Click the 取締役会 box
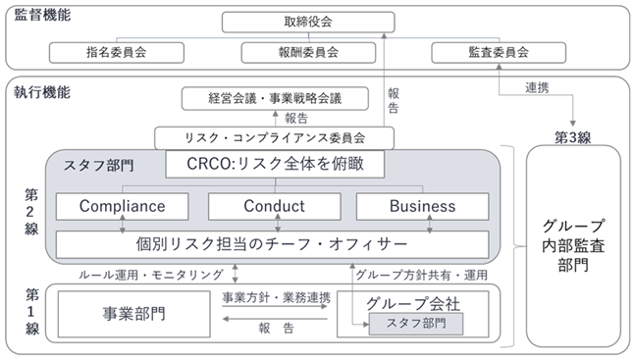pyautogui.click(x=308, y=22)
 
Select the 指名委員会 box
pyautogui.click(x=117, y=53)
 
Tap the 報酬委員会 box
pyautogui.click(x=308, y=53)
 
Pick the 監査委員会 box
pyautogui.click(x=499, y=53)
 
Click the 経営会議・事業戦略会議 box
pyautogui.click(x=275, y=98)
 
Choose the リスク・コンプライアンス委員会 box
pyautogui.click(x=274, y=138)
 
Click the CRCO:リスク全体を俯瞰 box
pyautogui.click(x=275, y=164)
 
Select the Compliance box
pyautogui.click(x=122, y=206)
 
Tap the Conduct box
pyautogui.click(x=274, y=206)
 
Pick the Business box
pyautogui.click(x=423, y=206)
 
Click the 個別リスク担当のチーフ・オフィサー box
pyautogui.click(x=272, y=244)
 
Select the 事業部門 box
pyautogui.click(x=133, y=314)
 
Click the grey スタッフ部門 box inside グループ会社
pyautogui.click(x=416, y=324)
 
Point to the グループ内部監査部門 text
pyautogui.click(x=573, y=245)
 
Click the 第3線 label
pyautogui.click(x=573, y=138)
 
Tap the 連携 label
pyautogui.click(x=537, y=87)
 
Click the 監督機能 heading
pyautogui.click(x=42, y=15)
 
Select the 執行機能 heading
pyautogui.click(x=42, y=92)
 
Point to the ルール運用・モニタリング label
pyautogui.click(x=151, y=276)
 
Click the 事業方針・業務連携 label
pyautogui.click(x=276, y=298)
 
